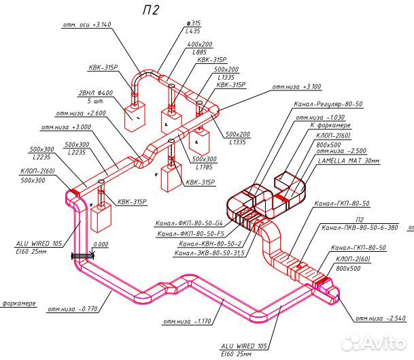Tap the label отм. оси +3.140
pyautogui.click(x=86, y=24)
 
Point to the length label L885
pyautogui.click(x=199, y=52)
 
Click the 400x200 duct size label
pyautogui.click(x=200, y=44)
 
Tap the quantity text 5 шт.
pyautogui.click(x=94, y=101)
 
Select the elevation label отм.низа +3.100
pyautogui.click(x=296, y=87)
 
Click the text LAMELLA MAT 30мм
pyautogui.click(x=352, y=162)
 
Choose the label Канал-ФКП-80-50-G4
pyautogui.click(x=188, y=223)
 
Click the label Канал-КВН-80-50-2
pyautogui.click(x=209, y=244)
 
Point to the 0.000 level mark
pyautogui.click(x=101, y=244)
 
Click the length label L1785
pyautogui.click(x=205, y=166)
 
